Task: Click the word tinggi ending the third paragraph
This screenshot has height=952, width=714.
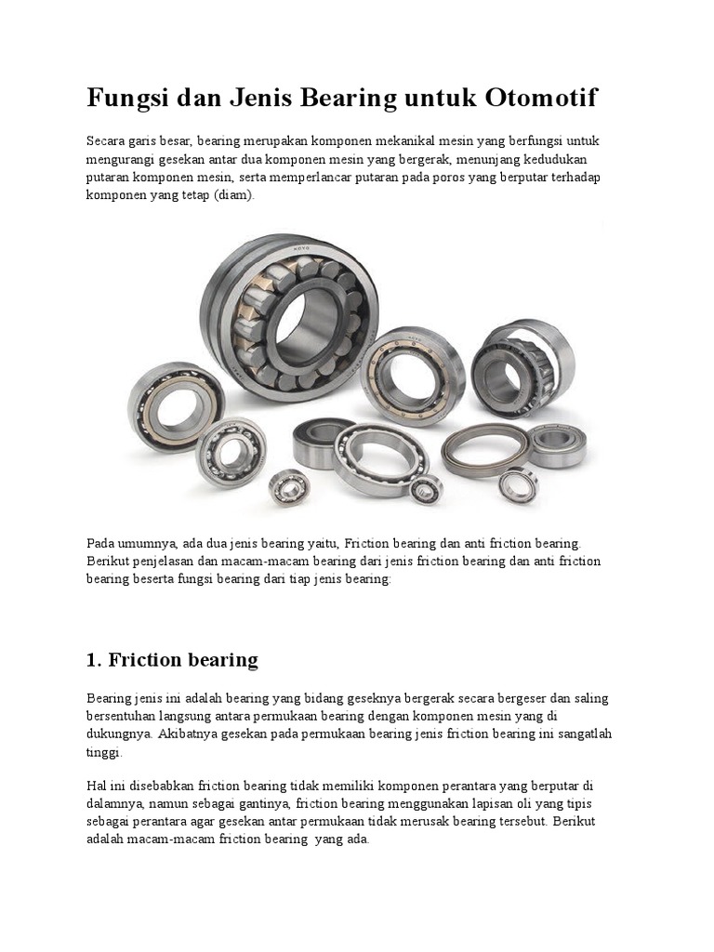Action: (x=103, y=752)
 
